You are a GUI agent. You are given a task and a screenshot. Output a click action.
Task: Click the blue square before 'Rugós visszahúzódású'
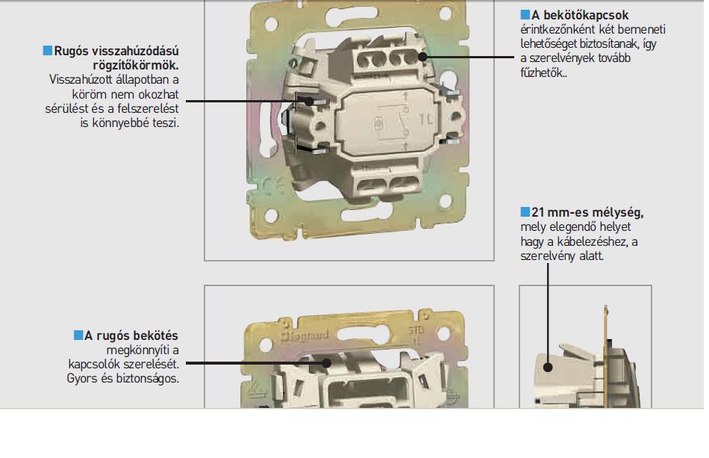(48, 50)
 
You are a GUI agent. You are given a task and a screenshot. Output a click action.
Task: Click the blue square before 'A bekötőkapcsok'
(525, 14)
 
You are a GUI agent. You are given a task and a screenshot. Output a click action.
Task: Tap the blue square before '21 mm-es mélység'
(525, 211)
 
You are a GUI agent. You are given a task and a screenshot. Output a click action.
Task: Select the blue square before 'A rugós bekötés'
(78, 335)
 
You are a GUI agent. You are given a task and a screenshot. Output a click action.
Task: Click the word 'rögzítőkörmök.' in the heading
(136, 65)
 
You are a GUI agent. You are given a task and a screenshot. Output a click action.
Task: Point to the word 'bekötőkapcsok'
(586, 15)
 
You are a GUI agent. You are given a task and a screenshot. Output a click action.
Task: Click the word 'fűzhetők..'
(543, 72)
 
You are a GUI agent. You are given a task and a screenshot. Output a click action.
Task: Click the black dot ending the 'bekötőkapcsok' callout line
(422, 57)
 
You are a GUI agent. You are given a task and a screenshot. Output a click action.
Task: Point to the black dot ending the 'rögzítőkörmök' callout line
(309, 101)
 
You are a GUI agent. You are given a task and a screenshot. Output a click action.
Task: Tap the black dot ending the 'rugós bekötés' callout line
(326, 363)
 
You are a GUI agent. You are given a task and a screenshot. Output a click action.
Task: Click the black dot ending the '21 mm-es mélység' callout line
(548, 367)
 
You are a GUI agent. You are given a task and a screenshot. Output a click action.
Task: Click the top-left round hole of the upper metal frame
(271, 23)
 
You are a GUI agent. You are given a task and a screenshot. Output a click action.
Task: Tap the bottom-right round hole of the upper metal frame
(446, 201)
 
